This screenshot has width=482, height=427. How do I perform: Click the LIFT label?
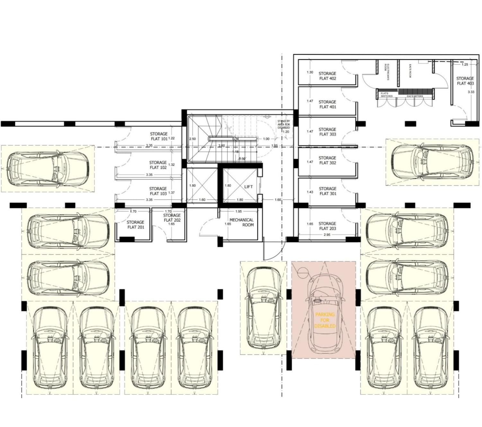pos(248,187)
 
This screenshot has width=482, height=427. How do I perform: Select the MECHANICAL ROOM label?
pos(242,222)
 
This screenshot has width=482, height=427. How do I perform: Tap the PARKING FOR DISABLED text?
pos(325,320)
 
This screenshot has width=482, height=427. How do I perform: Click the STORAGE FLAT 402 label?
pos(327,76)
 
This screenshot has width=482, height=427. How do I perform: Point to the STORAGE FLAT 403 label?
pos(465,81)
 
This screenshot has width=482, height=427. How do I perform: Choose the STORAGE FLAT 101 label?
pos(159,136)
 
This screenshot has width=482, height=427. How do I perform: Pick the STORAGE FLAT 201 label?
pos(136,225)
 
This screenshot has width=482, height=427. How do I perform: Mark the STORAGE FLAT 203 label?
pos(327,226)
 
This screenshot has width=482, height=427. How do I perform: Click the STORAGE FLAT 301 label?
pos(328,191)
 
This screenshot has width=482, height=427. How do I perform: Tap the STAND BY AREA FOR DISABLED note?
pos(284,125)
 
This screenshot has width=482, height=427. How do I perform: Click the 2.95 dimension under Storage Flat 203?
pos(327,235)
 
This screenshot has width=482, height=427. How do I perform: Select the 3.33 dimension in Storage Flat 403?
pos(471,92)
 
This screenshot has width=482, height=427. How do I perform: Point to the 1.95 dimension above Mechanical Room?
pos(238,211)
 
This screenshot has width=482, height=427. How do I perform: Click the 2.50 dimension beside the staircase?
pos(192,139)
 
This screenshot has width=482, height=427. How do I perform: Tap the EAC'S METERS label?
pos(415,96)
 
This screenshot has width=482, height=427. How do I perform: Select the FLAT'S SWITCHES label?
pos(387,95)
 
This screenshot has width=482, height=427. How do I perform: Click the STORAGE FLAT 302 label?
pos(327,160)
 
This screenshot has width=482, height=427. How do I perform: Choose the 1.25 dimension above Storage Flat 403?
pos(465,64)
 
